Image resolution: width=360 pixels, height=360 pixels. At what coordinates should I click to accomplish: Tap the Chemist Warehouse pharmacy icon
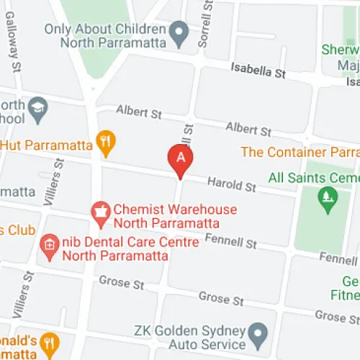tap(100, 210)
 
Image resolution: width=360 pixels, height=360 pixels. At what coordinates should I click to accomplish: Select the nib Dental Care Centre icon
tap(49, 243)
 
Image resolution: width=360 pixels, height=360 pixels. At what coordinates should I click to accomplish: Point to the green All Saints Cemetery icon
tap(328, 198)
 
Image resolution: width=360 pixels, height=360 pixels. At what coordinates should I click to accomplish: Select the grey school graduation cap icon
tap(37, 109)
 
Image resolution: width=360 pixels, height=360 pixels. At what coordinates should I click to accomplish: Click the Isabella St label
tap(258, 71)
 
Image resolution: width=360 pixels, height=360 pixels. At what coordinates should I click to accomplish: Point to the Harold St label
tap(231, 185)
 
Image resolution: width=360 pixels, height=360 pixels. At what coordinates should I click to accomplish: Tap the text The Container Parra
tap(300, 152)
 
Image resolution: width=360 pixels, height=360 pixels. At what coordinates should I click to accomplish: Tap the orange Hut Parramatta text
tap(46, 145)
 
